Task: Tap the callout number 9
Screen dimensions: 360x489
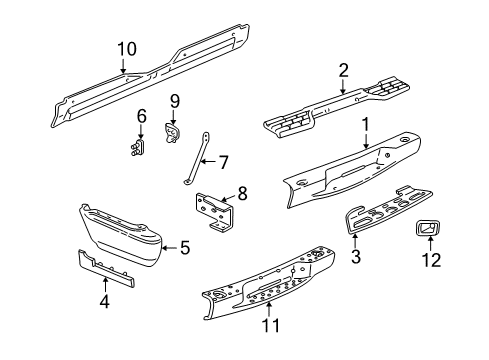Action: (173, 100)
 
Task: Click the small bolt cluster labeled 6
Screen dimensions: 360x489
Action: (138, 148)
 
